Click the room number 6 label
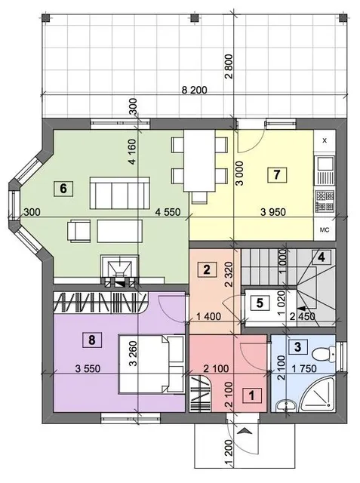[x=63, y=188]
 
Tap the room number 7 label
[x=276, y=175]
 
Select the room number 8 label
[x=92, y=340]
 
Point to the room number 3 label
[x=297, y=347]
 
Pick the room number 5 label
[x=260, y=303]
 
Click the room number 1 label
[x=252, y=395]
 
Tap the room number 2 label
[x=207, y=269]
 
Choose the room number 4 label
[x=322, y=257]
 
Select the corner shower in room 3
[x=318, y=395]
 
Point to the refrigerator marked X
[x=325, y=141]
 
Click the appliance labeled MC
[x=325, y=229]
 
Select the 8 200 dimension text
[x=194, y=91]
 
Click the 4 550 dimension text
[x=168, y=212]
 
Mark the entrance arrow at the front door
[x=245, y=431]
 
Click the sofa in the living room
[x=120, y=193]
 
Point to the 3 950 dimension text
[x=273, y=212]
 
